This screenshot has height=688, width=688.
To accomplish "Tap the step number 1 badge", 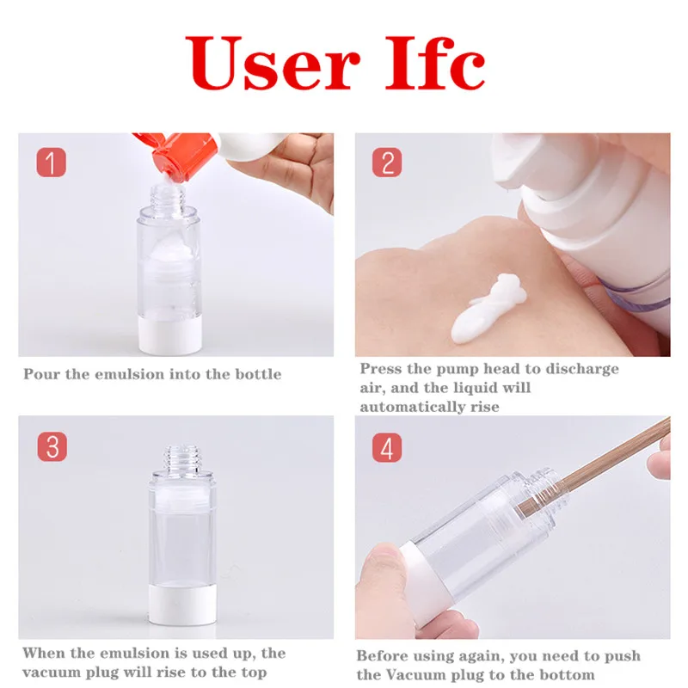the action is tap(52, 163).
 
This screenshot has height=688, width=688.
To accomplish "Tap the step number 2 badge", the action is tap(387, 163).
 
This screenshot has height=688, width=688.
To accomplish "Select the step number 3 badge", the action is tap(52, 446).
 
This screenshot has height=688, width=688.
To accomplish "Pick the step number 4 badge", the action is tap(387, 447).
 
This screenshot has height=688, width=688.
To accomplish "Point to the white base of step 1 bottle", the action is tap(168, 336).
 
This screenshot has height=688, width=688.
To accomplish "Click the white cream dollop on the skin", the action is tap(488, 309).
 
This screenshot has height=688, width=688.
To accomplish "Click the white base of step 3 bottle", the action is tap(182, 604).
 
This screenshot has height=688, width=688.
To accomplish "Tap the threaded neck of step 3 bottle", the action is tap(181, 458).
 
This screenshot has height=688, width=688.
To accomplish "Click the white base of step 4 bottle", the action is tap(421, 579).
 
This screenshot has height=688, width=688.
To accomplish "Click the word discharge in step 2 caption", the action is tap(582, 370).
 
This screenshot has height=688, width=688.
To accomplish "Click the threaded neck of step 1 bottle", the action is tap(168, 197).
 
